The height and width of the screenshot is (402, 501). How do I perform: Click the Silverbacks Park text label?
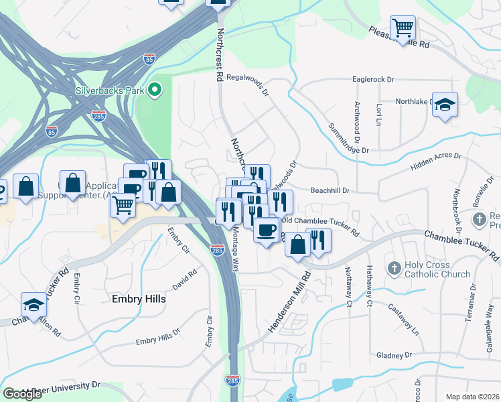(111, 89)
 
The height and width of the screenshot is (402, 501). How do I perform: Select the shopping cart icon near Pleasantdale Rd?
(403, 28)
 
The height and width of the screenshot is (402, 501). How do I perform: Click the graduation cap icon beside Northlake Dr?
(445, 105)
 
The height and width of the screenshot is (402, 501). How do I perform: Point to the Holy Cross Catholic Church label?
(428, 269)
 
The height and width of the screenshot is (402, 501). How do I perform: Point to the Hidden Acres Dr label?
(436, 160)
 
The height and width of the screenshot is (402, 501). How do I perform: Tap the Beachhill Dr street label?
(330, 190)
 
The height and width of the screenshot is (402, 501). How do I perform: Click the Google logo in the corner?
(22, 393)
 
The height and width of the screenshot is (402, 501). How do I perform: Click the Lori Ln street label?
(379, 115)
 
